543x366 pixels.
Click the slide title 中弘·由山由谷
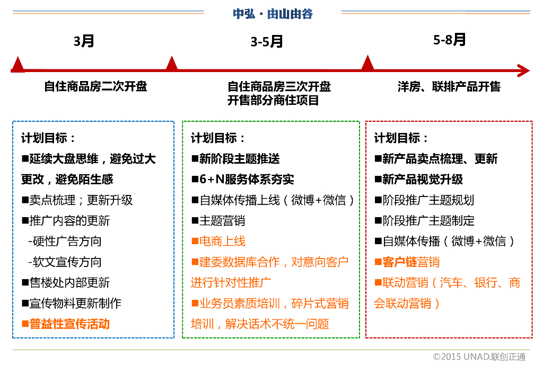coord(273,14)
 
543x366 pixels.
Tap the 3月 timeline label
coord(84,41)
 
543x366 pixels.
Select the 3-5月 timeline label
coord(267,42)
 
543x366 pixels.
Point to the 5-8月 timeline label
coord(449,40)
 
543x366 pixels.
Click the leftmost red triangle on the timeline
coord(18,65)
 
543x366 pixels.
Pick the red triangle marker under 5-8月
coord(367,63)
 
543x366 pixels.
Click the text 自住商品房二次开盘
coord(95,86)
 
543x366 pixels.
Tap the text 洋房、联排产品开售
coord(449,86)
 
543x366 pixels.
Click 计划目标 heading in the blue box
coord(48,138)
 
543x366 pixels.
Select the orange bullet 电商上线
coord(218,242)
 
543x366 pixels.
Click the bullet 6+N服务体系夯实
coord(243,180)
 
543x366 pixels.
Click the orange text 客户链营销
coord(407,262)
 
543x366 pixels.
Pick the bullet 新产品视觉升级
coord(418,180)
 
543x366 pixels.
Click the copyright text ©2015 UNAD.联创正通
coord(479,356)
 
